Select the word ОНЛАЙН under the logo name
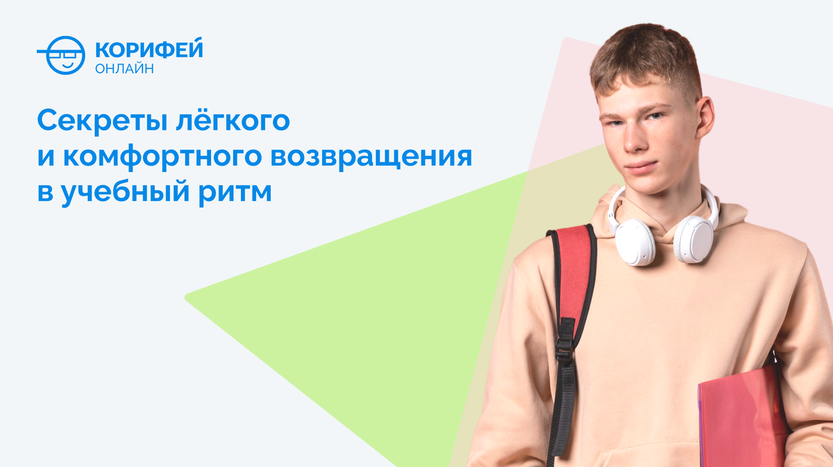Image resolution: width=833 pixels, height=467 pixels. [124, 69]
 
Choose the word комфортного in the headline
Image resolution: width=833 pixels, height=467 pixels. [162, 158]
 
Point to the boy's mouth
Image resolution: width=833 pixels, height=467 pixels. [641, 169]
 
